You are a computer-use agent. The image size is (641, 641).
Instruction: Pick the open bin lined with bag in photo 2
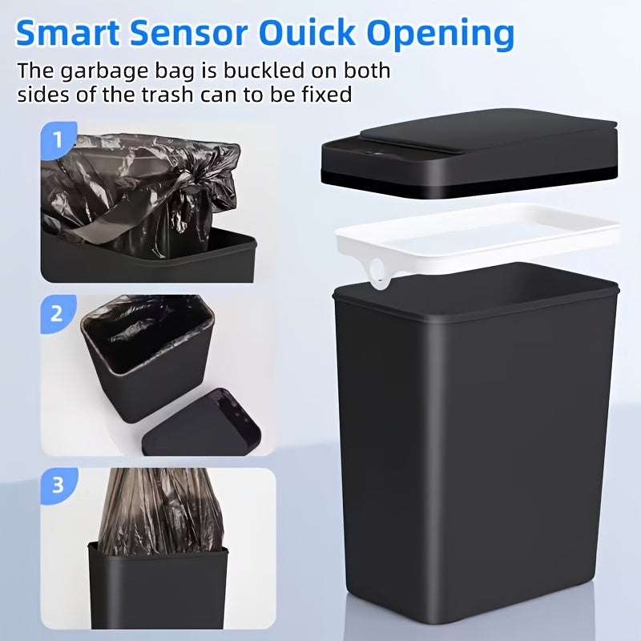144,353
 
